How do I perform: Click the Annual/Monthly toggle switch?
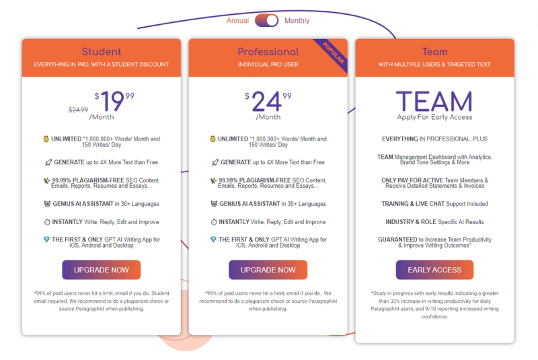coord(266,21)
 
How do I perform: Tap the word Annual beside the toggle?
coord(237,21)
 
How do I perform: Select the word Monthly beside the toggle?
coord(297,21)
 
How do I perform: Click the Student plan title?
coord(102,52)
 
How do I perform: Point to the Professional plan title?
coord(268,52)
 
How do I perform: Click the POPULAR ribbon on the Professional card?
coord(333,52)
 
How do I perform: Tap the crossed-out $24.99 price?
coord(78,110)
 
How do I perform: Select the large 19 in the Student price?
coord(112,101)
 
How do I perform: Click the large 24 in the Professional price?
coord(266,102)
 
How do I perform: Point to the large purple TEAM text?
coord(434,101)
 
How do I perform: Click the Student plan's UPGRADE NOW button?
coord(102,270)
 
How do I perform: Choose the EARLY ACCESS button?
coord(434,270)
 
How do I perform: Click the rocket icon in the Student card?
coord(48,162)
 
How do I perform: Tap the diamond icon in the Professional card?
coord(213,239)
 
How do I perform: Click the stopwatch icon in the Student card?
coord(47,222)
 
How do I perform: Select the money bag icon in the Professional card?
coord(213,139)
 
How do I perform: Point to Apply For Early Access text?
coord(434,117)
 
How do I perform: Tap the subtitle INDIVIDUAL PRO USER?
coord(268,65)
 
